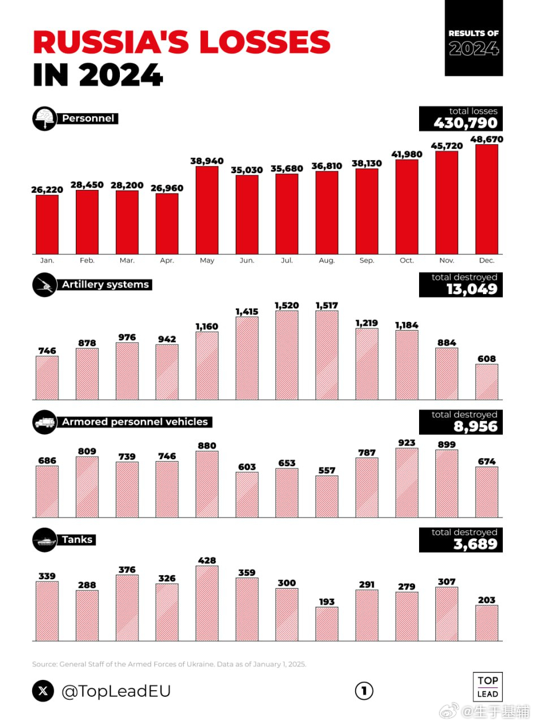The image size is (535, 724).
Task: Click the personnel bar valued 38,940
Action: tap(207, 210)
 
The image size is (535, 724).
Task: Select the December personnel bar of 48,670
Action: tap(486, 199)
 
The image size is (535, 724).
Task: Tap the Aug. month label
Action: tap(327, 261)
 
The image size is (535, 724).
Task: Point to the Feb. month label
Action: tap(87, 261)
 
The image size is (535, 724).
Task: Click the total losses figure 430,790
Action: tap(465, 123)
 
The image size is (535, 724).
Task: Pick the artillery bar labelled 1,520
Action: tap(287, 355)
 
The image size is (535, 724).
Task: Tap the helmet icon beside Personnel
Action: tap(44, 119)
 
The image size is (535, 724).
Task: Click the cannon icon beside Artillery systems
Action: tap(44, 285)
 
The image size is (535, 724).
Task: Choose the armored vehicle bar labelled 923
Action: tap(407, 482)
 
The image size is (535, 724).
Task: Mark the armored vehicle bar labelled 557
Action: tap(327, 496)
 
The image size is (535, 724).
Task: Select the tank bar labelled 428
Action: tap(207, 603)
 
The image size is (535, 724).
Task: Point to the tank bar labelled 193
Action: tap(327, 624)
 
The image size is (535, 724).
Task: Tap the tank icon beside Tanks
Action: tap(44, 540)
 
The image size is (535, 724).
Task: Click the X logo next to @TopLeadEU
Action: tap(43, 691)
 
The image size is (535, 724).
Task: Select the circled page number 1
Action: tap(364, 690)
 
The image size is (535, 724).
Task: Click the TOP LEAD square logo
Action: tap(487, 687)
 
